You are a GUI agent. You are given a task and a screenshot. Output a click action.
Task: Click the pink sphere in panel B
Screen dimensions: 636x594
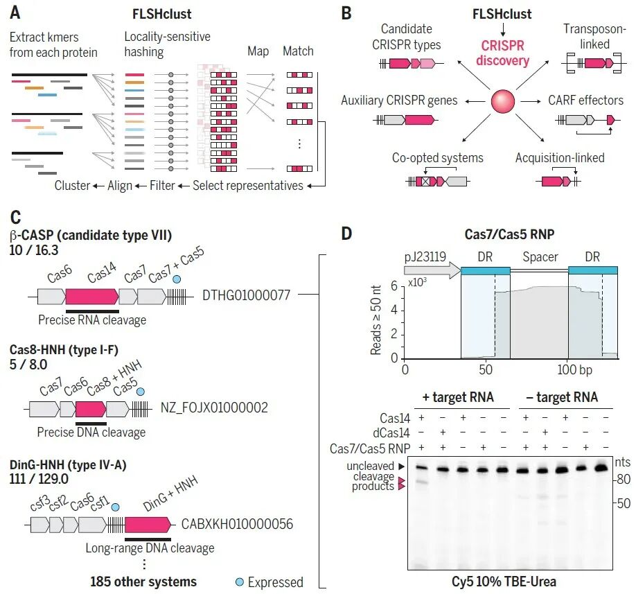[502, 101]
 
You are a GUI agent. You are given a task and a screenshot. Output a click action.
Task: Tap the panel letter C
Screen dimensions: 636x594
[15, 218]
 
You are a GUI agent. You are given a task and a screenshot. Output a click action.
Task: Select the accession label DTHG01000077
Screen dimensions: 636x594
[246, 295]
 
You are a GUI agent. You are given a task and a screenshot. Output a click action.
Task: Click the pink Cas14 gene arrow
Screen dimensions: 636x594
[92, 297]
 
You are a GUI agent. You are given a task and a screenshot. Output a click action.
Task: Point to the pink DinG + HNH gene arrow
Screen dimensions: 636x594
[148, 525]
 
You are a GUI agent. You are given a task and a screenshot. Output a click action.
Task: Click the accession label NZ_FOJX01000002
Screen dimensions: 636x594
[214, 408]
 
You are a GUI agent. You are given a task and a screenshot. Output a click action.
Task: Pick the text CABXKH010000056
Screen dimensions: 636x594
[237, 524]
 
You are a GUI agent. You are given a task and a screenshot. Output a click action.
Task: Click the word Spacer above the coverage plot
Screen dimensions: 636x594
[540, 257]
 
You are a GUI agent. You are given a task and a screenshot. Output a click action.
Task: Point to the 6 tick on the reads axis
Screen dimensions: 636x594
[394, 286]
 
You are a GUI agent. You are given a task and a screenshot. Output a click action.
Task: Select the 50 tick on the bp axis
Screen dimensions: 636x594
[486, 369]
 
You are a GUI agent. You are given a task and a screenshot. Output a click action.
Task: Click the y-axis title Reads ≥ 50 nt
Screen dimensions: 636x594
[376, 320]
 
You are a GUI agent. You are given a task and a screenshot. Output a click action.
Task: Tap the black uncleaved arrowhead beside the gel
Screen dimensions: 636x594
[402, 466]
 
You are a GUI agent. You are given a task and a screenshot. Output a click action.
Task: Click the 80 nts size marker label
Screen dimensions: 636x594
[624, 480]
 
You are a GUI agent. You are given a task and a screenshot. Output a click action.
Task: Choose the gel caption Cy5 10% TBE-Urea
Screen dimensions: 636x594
[504, 582]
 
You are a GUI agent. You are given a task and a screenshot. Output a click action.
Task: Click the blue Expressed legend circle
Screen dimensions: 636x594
[240, 582]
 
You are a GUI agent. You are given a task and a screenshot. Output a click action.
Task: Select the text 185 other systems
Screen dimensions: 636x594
[143, 582]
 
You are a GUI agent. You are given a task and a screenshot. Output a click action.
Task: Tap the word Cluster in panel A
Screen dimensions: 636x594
[72, 186]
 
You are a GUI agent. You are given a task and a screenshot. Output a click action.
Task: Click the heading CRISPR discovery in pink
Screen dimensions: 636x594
[502, 53]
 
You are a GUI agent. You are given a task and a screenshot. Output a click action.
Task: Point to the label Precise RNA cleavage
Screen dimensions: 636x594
[92, 320]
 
